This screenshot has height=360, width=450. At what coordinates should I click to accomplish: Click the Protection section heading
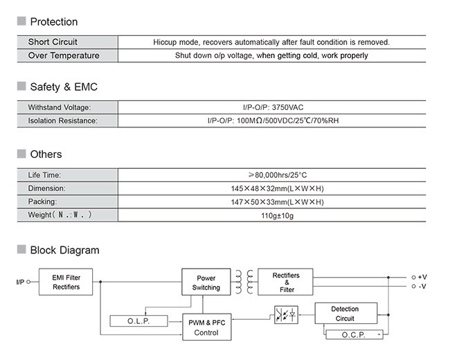[54, 22]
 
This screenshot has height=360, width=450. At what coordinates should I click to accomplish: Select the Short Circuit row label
[53, 42]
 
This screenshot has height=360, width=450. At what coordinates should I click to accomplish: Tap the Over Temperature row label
[64, 55]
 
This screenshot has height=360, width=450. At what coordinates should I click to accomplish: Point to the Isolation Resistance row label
[62, 120]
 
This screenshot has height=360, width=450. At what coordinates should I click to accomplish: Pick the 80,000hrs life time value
[278, 175]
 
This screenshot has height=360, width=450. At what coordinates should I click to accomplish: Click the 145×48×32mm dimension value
[277, 188]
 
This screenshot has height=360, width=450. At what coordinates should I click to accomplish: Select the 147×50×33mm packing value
[277, 202]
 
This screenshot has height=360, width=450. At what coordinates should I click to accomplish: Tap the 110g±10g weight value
[277, 215]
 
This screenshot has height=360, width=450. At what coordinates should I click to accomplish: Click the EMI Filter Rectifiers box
[66, 282]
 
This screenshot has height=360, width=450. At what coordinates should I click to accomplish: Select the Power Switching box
[206, 282]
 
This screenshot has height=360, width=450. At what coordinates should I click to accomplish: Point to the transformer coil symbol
[244, 282]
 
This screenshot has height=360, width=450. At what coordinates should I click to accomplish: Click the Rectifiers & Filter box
[285, 282]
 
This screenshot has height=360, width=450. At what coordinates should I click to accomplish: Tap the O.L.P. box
[139, 321]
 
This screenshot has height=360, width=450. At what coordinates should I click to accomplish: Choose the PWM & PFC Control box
[207, 327]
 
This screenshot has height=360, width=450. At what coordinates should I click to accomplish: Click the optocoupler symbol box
[286, 315]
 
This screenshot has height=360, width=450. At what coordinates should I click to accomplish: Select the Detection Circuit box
[346, 313]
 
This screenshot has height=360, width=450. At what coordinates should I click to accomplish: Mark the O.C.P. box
[354, 335]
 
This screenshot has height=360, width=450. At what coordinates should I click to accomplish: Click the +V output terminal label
[422, 277]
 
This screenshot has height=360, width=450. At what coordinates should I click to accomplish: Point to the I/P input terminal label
[20, 282]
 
